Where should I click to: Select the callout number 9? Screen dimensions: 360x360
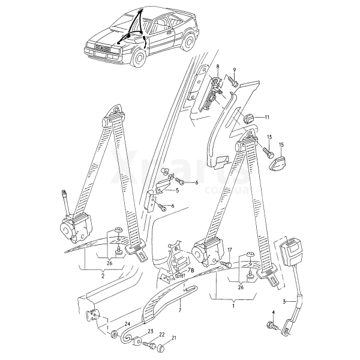[x=235, y=70]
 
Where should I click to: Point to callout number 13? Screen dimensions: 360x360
[x=269, y=137]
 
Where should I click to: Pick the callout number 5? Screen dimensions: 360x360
[x=178, y=191]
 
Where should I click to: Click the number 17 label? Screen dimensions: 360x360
[x=229, y=249]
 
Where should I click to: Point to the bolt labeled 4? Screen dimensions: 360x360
[x=271, y=326]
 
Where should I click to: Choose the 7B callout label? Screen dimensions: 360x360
[x=191, y=272]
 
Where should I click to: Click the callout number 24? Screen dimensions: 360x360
[x=127, y=324]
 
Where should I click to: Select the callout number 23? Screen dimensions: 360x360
[x=151, y=332]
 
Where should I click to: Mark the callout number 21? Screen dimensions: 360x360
[x=173, y=338]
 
